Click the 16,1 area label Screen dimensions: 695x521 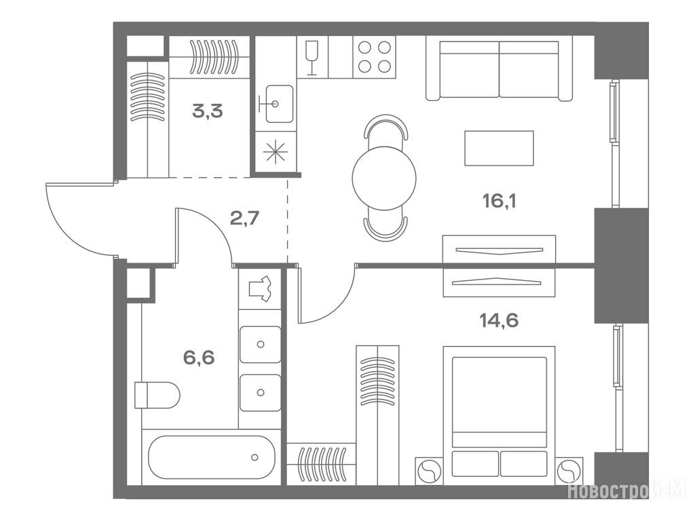pyautogui.click(x=500, y=201)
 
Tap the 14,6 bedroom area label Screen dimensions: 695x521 pyautogui.click(x=499, y=320)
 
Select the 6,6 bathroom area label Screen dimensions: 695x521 pyautogui.click(x=199, y=357)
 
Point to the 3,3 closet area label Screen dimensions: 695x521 pyautogui.click(x=208, y=111)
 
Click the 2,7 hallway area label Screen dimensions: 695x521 pyautogui.click(x=244, y=218)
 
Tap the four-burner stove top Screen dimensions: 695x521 pyautogui.click(x=375, y=57)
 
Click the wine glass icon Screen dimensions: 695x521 pyautogui.click(x=312, y=57)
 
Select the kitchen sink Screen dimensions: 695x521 pyautogui.click(x=277, y=104)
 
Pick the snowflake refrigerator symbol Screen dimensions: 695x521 pyautogui.click(x=276, y=151)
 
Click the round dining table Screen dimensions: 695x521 pyautogui.click(x=384, y=178)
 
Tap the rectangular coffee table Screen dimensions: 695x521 pyautogui.click(x=499, y=148)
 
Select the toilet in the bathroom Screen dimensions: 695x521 pyautogui.click(x=157, y=395)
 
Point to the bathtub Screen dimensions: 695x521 pyautogui.click(x=212, y=457)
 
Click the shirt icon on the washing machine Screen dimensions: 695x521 pyautogui.click(x=260, y=288)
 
